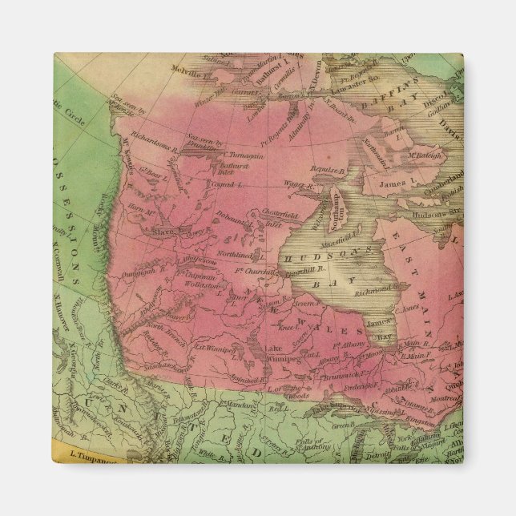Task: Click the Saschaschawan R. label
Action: (x=162, y=364)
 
